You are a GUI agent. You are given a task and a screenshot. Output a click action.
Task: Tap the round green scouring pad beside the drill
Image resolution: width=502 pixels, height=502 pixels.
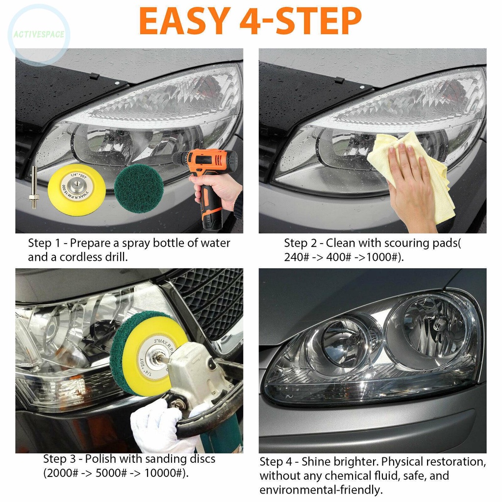(139, 188)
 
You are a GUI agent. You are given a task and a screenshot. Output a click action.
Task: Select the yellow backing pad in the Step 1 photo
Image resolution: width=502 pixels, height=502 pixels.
(73, 189)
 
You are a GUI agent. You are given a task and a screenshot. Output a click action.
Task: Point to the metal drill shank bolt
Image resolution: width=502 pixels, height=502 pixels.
(34, 188)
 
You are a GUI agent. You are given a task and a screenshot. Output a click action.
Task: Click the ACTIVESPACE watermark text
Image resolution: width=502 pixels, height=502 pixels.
(39, 34)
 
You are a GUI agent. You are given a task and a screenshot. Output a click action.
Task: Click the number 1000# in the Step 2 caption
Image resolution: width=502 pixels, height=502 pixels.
(382, 257)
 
